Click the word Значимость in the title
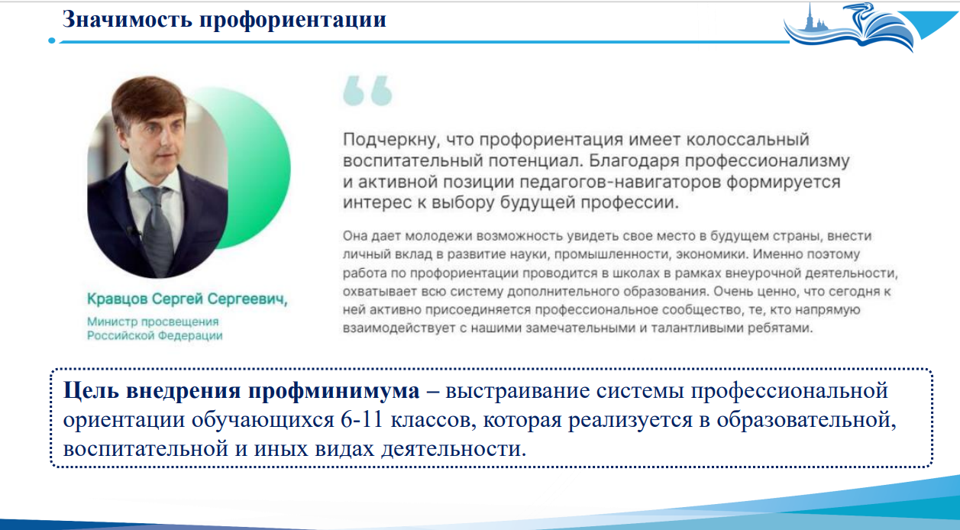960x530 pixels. pyautogui.click(x=127, y=19)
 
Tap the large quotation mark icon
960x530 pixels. pyautogui.click(x=367, y=90)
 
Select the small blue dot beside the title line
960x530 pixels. pyautogui.click(x=52, y=40)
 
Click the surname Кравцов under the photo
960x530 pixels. pyautogui.click(x=118, y=299)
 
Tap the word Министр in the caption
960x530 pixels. pyautogui.click(x=112, y=322)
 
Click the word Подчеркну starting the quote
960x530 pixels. pyautogui.click(x=392, y=140)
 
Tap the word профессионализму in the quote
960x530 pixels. pyautogui.click(x=767, y=161)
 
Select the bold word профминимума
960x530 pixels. pyautogui.click(x=334, y=392)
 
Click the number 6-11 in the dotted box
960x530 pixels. pyautogui.click(x=362, y=420)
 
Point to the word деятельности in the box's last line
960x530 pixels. pyautogui.click(x=454, y=449)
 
